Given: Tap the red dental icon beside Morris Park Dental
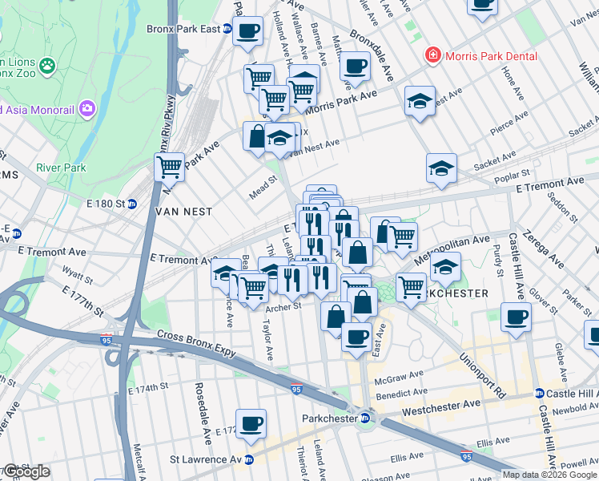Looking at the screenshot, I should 433,55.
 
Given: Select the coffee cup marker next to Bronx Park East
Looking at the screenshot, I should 248,31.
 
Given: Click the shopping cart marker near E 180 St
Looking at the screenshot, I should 169,168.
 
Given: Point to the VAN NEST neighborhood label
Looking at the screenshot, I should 185,212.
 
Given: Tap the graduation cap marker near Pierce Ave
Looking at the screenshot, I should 420,101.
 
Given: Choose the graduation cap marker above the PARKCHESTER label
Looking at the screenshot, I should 445,267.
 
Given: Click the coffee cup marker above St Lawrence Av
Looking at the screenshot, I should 251,423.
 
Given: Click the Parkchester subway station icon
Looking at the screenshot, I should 364,418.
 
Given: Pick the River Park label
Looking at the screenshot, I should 61,168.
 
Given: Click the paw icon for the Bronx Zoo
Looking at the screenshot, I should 48,63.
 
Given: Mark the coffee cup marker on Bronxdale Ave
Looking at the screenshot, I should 355,66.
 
